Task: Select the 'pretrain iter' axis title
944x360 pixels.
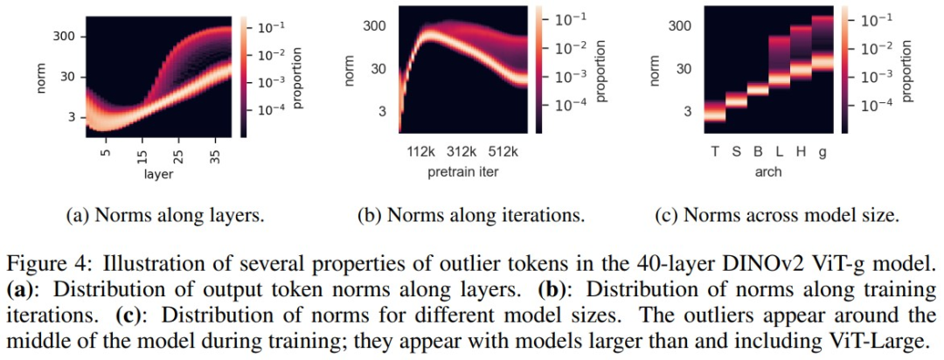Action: pyautogui.click(x=462, y=171)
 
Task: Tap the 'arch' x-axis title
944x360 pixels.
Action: pyautogui.click(x=768, y=171)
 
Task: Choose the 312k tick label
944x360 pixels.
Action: pyautogui.click(x=462, y=150)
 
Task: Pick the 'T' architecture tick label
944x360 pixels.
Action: pyautogui.click(x=715, y=150)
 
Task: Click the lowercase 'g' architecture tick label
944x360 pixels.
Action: pyautogui.click(x=823, y=150)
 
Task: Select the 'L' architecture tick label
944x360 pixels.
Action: pyautogui.click(x=780, y=150)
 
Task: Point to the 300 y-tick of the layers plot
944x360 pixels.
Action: pyautogui.click(x=66, y=37)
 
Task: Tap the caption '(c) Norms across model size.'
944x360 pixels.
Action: pyautogui.click(x=776, y=215)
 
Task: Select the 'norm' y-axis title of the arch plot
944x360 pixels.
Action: pyautogui.click(x=654, y=69)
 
